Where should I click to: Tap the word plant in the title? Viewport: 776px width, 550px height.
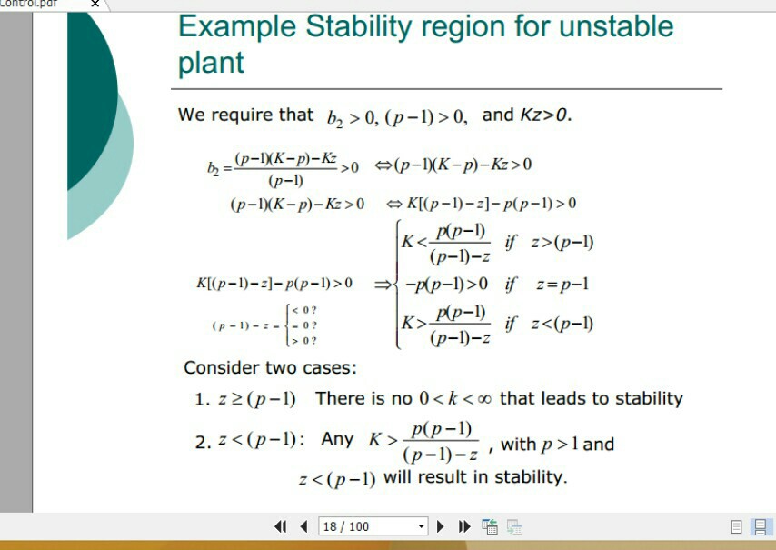pos(211,63)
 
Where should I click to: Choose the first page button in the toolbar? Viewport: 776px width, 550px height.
pos(282,526)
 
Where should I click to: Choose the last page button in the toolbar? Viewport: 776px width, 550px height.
pos(464,526)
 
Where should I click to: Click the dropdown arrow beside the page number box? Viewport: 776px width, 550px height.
pos(421,526)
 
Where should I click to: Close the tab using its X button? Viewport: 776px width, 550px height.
pos(95,5)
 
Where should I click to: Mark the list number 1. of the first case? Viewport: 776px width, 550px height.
pos(203,400)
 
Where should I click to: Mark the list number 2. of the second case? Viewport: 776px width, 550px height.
pos(203,444)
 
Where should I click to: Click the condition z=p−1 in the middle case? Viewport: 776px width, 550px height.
pos(562,285)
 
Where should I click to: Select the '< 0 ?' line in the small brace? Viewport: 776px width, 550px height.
pos(303,311)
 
